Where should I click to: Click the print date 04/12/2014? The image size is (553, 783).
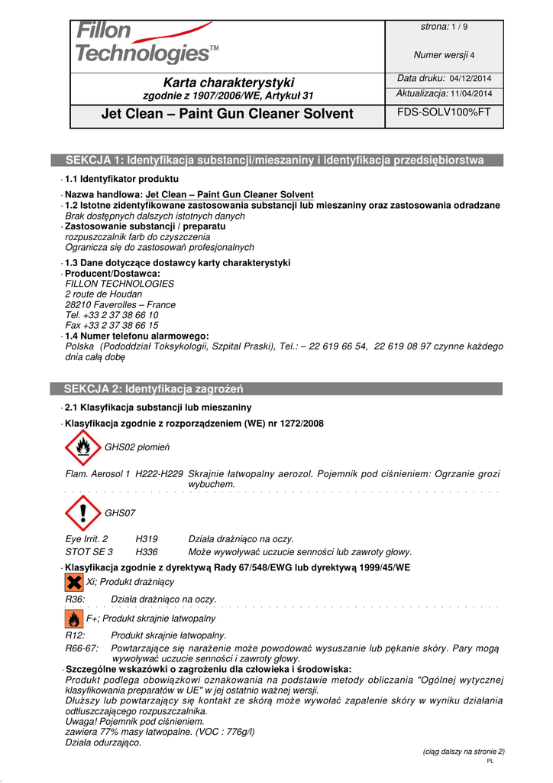pos(470,79)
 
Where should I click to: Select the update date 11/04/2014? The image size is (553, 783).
pos(471,93)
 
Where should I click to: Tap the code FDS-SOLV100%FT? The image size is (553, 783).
pos(444,112)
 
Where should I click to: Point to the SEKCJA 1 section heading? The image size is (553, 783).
pos(275,160)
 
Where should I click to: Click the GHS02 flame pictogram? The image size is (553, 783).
pos(82,447)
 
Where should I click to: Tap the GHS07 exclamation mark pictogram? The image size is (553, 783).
pos(82,513)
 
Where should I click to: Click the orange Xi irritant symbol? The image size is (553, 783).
pos(74,583)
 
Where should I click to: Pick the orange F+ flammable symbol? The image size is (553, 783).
pos(74,618)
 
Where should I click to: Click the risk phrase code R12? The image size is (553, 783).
pos(76,635)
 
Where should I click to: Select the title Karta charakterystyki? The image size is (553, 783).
pos(228,82)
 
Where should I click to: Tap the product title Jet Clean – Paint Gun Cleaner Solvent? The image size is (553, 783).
pos(228,114)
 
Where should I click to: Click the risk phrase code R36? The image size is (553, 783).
pos(76,599)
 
